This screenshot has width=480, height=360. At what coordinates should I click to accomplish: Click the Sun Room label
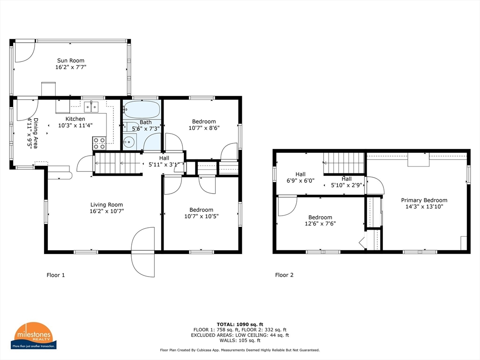click(x=71, y=60)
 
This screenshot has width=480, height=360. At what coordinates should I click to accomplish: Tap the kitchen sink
click(x=91, y=107)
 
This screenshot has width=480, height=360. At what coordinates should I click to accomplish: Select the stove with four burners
click(x=99, y=143)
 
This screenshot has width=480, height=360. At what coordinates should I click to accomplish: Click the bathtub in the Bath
click(x=142, y=110)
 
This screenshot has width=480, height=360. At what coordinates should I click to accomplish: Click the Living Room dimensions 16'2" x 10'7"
click(x=106, y=211)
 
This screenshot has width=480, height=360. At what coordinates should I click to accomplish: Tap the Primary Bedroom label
click(x=424, y=200)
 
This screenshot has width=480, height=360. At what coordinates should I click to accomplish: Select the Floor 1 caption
click(x=56, y=275)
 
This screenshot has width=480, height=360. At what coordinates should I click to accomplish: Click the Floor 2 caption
click(x=284, y=275)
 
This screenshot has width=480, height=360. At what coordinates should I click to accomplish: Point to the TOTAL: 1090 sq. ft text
click(x=240, y=324)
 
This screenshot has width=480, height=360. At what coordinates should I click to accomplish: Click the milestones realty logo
click(x=33, y=336)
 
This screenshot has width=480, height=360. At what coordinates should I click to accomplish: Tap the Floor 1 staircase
click(x=118, y=164)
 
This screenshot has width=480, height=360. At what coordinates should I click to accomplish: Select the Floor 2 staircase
click(x=344, y=163)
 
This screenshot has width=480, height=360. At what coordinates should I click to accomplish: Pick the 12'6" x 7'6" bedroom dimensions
click(x=320, y=224)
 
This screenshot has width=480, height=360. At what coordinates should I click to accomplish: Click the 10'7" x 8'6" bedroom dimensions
click(x=204, y=128)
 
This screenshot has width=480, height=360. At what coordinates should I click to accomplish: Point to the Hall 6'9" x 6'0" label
click(x=300, y=178)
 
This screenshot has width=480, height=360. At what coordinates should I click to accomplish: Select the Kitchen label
click(x=75, y=119)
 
